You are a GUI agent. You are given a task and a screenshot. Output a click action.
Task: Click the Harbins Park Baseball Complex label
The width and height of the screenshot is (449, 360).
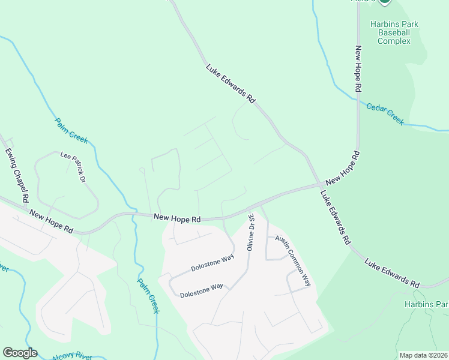(x=394, y=32)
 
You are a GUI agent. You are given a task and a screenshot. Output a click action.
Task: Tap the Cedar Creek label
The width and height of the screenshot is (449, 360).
(x=385, y=112)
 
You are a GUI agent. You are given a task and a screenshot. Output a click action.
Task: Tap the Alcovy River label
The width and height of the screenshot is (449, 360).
(x=72, y=355)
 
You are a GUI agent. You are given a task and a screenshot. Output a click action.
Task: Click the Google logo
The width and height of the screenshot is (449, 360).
(x=20, y=353)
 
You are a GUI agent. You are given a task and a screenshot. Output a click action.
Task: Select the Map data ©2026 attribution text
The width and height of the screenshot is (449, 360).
(x=423, y=355)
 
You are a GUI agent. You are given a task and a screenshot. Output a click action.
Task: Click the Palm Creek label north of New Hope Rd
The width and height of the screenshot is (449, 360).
(x=71, y=130)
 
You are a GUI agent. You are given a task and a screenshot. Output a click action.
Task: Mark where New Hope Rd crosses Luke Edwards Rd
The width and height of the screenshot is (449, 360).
(x=318, y=185)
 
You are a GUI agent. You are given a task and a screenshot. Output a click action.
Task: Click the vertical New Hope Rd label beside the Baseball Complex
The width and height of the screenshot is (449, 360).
(x=358, y=68)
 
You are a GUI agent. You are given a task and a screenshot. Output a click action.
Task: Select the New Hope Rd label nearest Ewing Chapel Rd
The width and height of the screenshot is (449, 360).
(x=51, y=222)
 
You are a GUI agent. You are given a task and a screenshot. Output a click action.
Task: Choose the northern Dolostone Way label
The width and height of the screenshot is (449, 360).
(x=212, y=263)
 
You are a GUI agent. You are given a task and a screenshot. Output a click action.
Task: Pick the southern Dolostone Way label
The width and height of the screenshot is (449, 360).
(x=201, y=290)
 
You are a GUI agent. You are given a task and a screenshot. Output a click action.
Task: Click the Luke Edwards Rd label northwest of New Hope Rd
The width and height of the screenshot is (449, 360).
(x=231, y=85)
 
